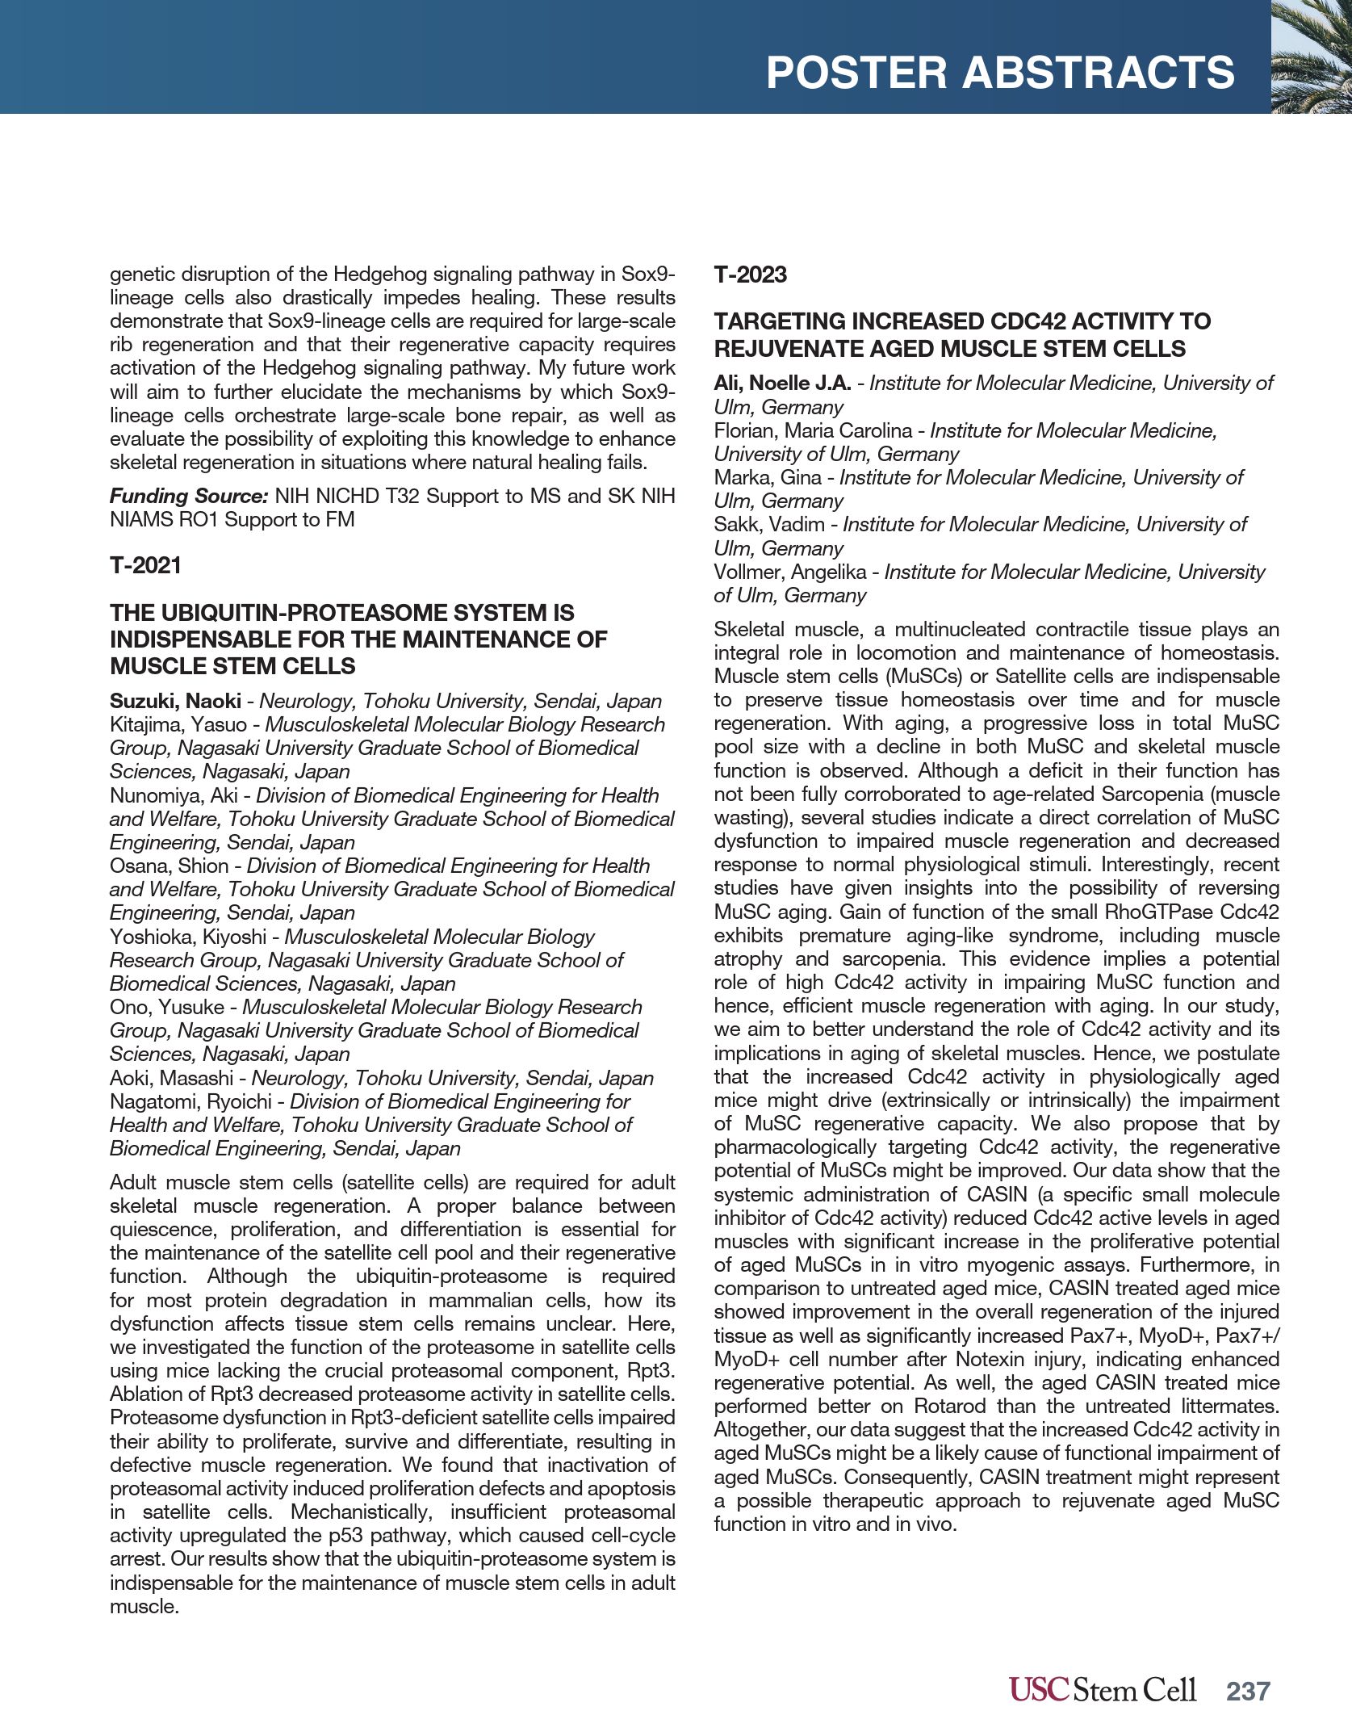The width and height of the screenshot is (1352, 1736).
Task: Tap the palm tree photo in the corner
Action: click(1311, 57)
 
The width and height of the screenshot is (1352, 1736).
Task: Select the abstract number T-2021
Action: click(145, 565)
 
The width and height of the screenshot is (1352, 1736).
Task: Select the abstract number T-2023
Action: click(750, 275)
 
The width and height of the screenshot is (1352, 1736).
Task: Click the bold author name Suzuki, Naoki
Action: click(175, 701)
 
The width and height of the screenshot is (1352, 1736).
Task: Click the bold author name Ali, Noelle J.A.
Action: click(782, 383)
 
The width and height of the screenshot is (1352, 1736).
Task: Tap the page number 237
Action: click(1248, 1691)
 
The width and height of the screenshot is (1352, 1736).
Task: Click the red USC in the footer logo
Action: click(1040, 1689)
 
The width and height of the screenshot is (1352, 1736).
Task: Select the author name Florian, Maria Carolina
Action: click(812, 430)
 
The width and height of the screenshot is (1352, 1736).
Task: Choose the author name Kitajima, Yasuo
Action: click(178, 724)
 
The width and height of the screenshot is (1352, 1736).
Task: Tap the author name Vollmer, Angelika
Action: click(790, 572)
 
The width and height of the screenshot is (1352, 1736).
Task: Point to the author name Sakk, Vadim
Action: click(768, 525)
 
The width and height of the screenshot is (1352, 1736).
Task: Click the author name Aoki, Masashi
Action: click(171, 1078)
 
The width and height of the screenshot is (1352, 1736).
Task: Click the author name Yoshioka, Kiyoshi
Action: click(188, 937)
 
